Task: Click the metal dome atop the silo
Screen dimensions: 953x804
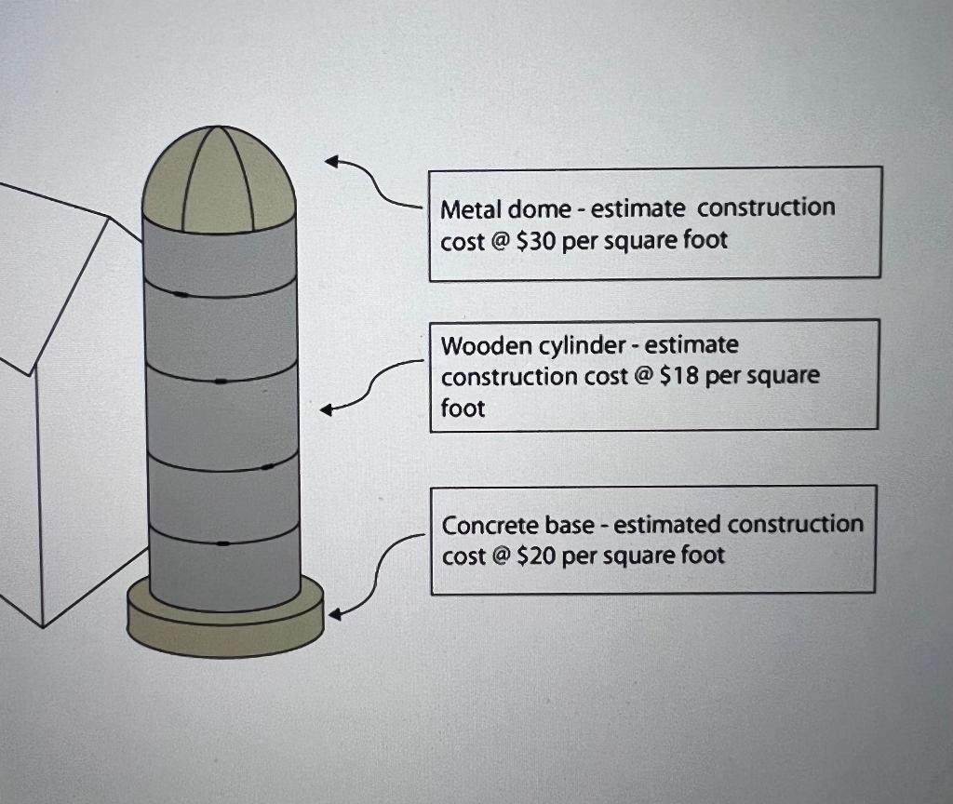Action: [219, 181]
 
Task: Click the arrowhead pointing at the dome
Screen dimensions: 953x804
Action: [331, 162]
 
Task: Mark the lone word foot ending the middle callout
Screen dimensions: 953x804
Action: [463, 409]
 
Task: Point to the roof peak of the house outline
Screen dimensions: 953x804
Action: [110, 219]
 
